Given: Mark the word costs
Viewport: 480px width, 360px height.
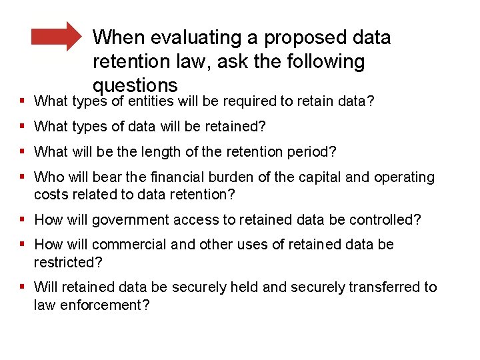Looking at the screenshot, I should pyautogui.click(x=49, y=195).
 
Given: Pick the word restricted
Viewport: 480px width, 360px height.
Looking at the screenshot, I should pyautogui.click(x=68, y=262).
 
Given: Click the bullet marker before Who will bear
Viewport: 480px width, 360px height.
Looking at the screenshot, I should pyautogui.click(x=23, y=177).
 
